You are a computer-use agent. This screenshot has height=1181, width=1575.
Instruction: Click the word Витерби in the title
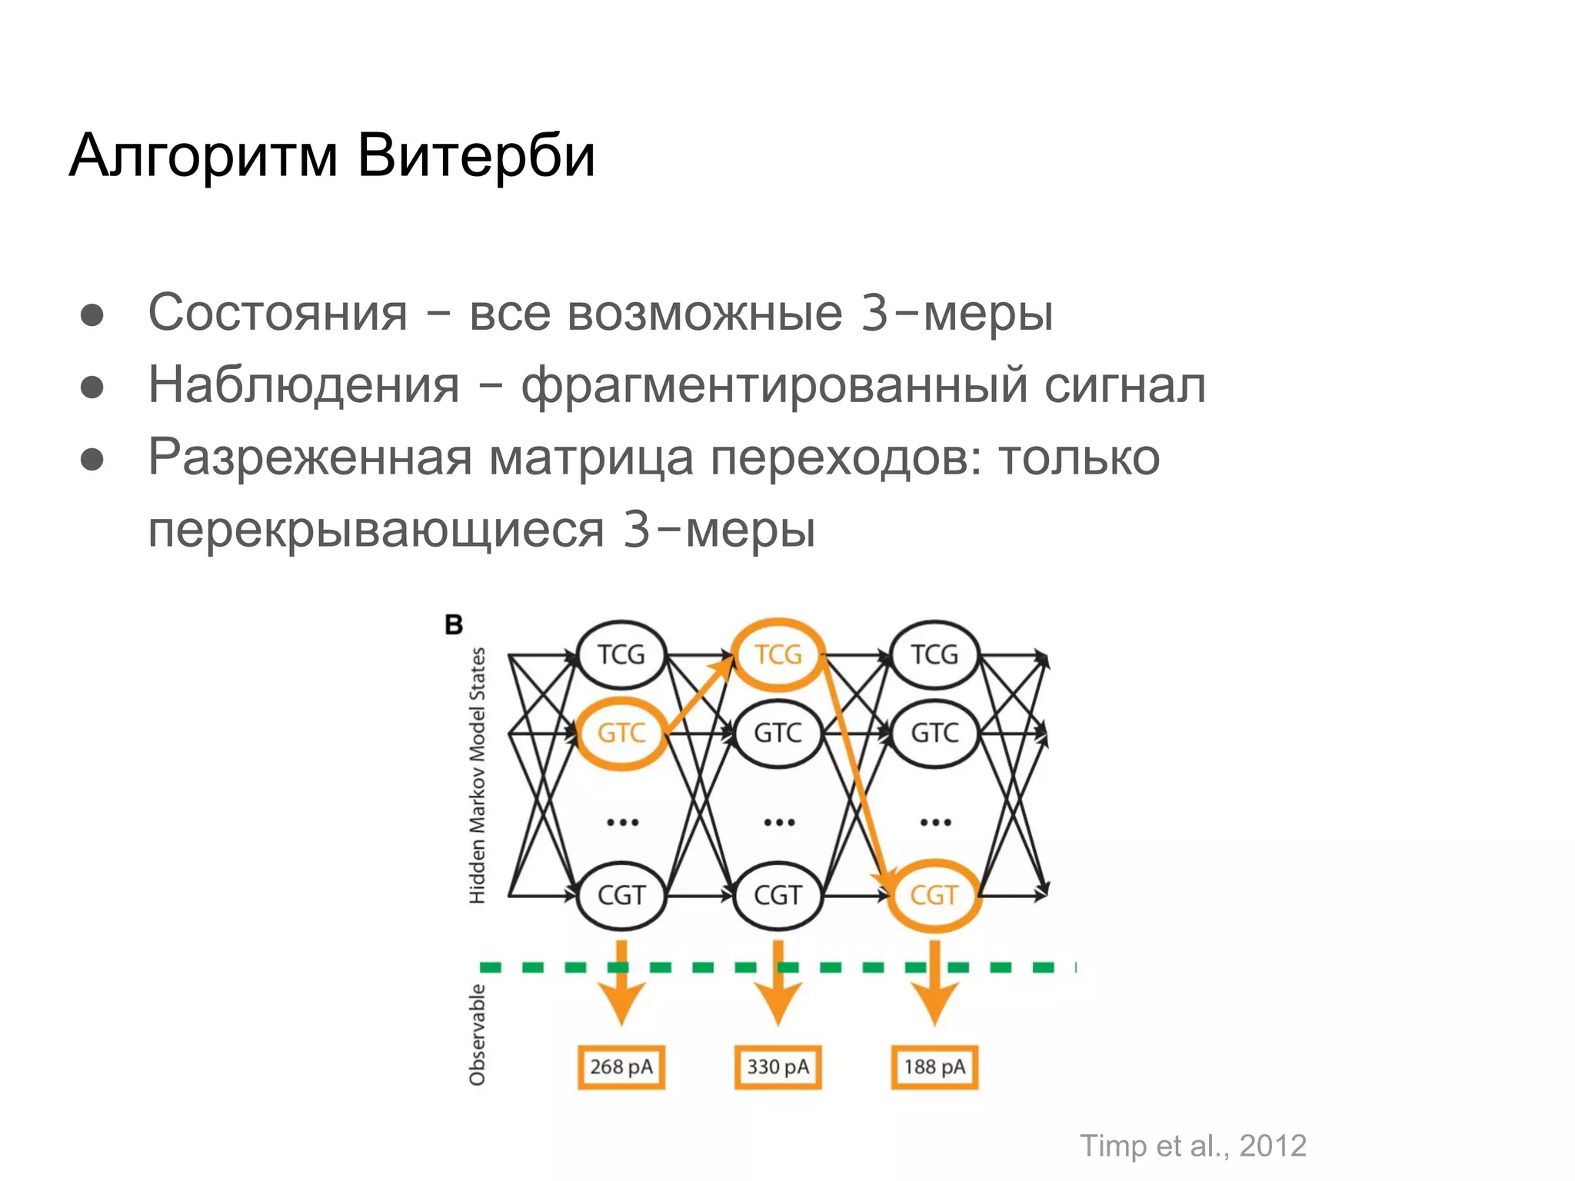coord(476,155)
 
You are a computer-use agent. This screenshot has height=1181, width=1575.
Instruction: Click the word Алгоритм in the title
coord(204,157)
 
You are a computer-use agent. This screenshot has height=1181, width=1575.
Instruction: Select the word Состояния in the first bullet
coord(278,313)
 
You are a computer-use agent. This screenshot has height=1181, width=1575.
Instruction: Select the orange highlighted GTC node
coord(621,733)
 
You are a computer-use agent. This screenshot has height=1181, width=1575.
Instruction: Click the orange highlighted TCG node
coord(778,655)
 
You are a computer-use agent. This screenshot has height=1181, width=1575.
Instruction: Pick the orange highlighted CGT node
coord(934,895)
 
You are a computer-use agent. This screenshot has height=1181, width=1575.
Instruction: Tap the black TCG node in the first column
coord(621,655)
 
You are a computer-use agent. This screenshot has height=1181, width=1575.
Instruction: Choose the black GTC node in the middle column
coord(778,733)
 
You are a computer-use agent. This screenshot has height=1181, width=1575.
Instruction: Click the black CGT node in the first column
coord(621,895)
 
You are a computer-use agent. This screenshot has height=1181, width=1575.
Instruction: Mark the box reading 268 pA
coord(621,1067)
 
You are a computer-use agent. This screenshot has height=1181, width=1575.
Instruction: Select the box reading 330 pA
coord(778,1067)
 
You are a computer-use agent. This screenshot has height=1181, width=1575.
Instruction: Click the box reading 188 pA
coord(934,1067)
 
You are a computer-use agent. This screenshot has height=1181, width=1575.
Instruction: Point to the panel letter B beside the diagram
coord(454,625)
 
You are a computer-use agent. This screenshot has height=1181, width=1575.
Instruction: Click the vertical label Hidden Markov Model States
coord(478,775)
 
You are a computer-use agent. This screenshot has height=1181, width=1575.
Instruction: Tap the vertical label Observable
coord(478,1035)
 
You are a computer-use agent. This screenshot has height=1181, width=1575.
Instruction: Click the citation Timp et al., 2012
coord(1193,1146)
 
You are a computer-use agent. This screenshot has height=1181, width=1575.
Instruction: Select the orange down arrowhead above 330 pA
coord(778,1003)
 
